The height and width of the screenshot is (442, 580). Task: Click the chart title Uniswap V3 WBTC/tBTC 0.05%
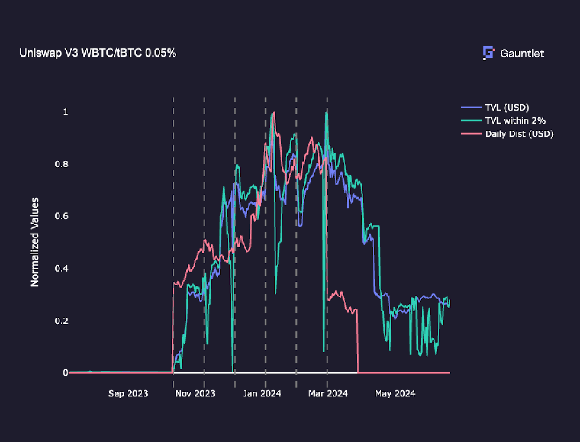coord(98,53)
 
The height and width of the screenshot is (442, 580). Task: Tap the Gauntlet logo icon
coord(488,53)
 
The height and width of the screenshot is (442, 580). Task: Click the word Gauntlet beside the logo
coord(522,54)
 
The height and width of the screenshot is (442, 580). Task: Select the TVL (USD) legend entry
coord(507,107)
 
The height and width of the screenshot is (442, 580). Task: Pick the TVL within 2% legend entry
coord(515,120)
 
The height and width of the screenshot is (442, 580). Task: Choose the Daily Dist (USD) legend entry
coord(519,133)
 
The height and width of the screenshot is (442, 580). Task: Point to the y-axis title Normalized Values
coord(35,242)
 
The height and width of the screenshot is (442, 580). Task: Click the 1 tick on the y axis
coord(66,112)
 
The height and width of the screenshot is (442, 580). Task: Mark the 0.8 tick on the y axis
coord(62,164)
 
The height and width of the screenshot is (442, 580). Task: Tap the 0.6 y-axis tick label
coord(62,216)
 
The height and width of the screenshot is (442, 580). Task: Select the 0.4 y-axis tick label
coord(62,268)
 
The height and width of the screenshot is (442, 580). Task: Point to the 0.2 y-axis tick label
coord(62,321)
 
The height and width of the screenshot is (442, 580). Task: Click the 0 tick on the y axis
coord(66,373)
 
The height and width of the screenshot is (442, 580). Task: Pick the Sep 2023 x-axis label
coord(128,393)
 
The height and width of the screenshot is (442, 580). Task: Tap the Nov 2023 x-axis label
coord(195,393)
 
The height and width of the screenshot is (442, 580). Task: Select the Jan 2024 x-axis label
coord(262,393)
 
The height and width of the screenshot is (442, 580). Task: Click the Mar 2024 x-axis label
coord(328,393)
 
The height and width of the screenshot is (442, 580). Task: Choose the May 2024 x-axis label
coord(395,393)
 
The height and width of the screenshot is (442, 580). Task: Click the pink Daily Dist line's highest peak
coord(274,112)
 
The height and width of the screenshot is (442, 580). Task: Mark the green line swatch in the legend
coord(471,120)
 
